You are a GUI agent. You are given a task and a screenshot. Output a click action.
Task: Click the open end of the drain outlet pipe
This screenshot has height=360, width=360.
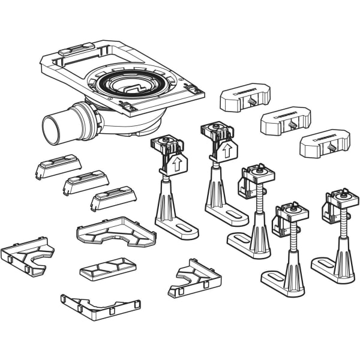pos(52,128)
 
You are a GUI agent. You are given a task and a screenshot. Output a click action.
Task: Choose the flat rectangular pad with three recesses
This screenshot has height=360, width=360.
pos(108,268)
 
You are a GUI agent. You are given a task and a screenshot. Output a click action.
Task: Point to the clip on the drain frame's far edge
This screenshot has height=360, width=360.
pos(76,47)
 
